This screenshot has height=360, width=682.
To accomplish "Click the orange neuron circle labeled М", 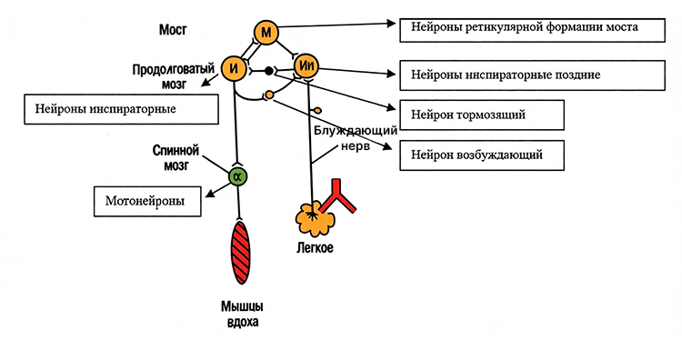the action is [x=266, y=33].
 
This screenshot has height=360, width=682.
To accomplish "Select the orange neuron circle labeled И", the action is [x=234, y=69].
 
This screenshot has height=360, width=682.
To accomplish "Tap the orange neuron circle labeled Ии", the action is [x=306, y=66].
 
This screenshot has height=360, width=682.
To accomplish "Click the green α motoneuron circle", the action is [x=238, y=176].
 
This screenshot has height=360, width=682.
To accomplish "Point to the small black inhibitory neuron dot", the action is [x=269, y=70].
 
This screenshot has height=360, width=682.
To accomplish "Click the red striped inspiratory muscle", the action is [x=241, y=253].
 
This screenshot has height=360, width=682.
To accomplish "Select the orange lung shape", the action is [x=314, y=218].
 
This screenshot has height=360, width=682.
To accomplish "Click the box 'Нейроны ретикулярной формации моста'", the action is [x=532, y=30].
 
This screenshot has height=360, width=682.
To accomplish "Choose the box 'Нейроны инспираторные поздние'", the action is [x=532, y=75].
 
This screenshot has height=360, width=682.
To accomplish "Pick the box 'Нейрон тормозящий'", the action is [x=482, y=115].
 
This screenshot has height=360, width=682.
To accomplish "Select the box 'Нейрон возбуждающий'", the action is [x=482, y=155].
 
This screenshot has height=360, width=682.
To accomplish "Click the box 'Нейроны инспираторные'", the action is [x=121, y=109].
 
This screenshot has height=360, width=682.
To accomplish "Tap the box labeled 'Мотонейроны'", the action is [x=147, y=201].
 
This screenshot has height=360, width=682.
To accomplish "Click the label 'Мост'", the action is [x=173, y=30].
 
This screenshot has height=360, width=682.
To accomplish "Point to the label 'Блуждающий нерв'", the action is [x=356, y=138].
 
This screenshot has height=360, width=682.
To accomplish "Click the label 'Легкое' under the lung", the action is [x=315, y=248].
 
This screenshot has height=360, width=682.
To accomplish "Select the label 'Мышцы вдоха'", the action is [x=242, y=315].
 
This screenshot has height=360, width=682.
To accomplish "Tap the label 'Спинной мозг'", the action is [x=176, y=158].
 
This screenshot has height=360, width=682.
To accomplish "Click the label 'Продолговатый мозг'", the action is [x=174, y=76].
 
